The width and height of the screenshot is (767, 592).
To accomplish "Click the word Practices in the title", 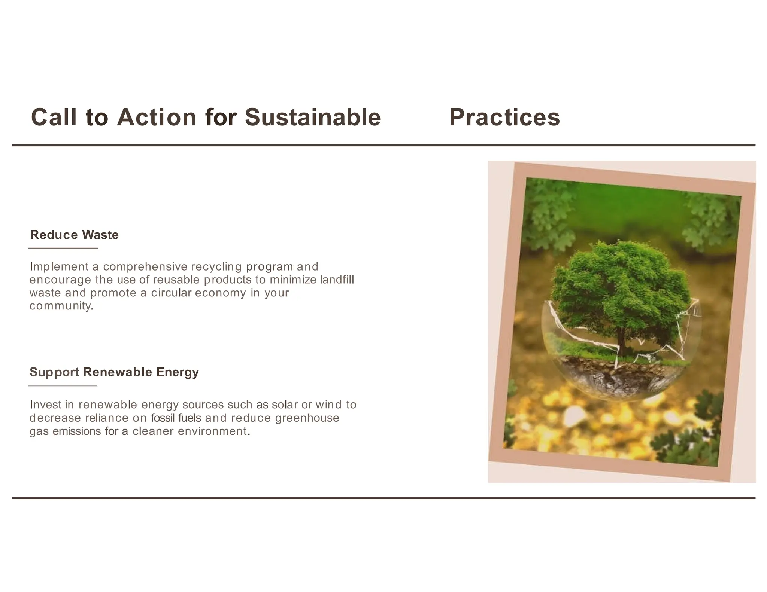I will click(504, 117).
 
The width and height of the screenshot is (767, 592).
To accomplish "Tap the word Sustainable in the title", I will click(312, 117).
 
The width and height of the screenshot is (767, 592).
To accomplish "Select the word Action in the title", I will click(157, 117).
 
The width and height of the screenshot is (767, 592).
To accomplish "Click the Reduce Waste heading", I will click(74, 235).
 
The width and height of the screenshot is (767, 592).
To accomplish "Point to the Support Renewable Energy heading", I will click(114, 372).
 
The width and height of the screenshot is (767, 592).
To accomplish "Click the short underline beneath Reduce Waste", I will click(63, 248).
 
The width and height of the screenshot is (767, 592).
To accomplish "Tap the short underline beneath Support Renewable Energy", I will click(63, 386).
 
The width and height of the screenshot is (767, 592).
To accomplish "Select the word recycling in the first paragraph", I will click(216, 267).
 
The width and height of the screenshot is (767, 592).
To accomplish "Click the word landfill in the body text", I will click(337, 280).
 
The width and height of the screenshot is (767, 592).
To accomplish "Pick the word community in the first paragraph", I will click(61, 306).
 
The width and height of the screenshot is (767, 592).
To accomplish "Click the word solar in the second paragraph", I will click(285, 405).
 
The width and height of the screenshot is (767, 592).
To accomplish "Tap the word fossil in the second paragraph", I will click(163, 418).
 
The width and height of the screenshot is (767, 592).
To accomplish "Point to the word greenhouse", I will click(307, 418).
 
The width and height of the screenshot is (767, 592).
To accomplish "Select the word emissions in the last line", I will click(77, 431).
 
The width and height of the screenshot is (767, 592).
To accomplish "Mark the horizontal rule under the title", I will click(383, 145).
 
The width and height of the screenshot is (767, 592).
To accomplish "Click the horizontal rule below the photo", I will click(383, 498).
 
